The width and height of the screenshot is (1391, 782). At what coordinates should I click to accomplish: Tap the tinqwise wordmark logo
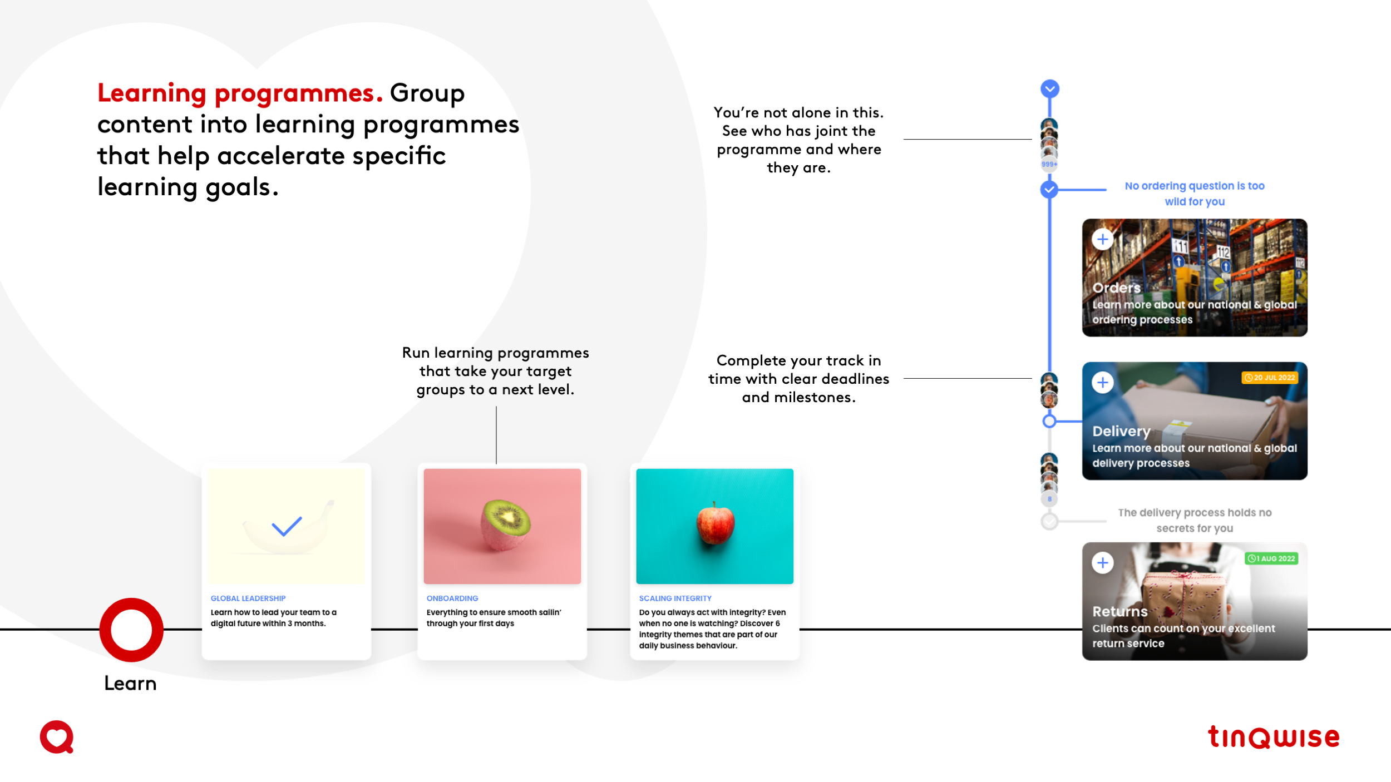(1274, 738)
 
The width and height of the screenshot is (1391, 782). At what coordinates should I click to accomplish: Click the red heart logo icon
(57, 737)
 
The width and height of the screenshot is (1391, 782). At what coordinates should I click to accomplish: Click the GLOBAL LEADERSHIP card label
(248, 598)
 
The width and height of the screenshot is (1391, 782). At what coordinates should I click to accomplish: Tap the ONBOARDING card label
(452, 598)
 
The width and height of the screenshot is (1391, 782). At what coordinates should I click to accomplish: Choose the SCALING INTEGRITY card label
(675, 598)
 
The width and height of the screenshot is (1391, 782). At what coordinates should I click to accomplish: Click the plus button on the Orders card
(1102, 239)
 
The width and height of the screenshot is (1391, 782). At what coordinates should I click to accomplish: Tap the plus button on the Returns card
(1102, 563)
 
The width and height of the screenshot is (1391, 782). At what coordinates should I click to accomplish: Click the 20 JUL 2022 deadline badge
(1270, 378)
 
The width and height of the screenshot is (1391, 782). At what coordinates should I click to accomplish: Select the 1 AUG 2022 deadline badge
(1271, 558)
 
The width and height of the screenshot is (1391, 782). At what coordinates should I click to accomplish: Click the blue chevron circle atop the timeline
(1050, 88)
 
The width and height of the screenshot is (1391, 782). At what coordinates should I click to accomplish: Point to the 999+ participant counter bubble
(1049, 164)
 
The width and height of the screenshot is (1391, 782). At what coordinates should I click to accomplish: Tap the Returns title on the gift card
(1119, 611)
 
